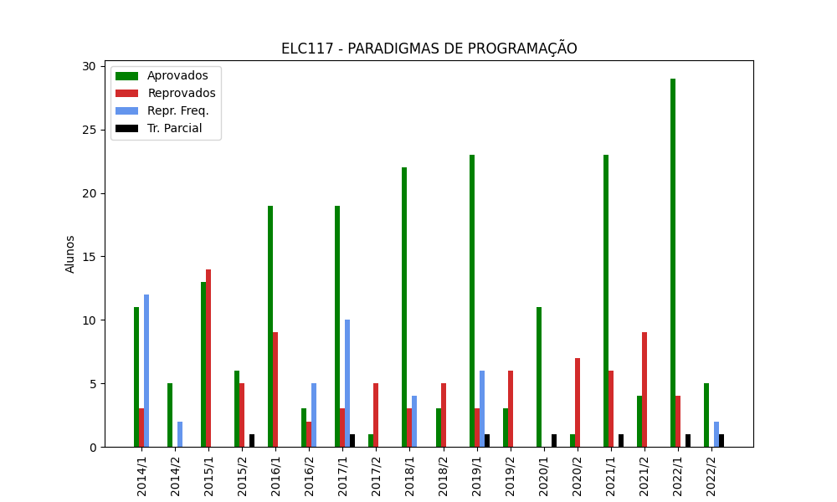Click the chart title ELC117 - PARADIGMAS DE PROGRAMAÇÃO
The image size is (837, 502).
pyautogui.click(x=429, y=49)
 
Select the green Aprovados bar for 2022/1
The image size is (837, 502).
pyautogui.click(x=673, y=263)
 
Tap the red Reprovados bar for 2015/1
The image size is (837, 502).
pyautogui.click(x=208, y=358)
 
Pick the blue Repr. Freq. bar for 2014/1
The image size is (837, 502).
pyautogui.click(x=146, y=371)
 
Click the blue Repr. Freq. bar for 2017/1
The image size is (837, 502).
pyautogui.click(x=347, y=383)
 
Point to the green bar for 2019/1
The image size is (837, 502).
pyautogui.click(x=472, y=301)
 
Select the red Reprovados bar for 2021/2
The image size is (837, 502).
pyautogui.click(x=644, y=390)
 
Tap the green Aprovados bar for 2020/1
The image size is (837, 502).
pyautogui.click(x=539, y=377)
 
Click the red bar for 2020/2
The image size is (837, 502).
pyautogui.click(x=578, y=402)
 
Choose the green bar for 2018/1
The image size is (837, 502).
pyautogui.click(x=404, y=307)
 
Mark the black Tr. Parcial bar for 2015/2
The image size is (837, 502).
pyautogui.click(x=252, y=441)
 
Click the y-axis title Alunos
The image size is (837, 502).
pyautogui.click(x=70, y=254)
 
